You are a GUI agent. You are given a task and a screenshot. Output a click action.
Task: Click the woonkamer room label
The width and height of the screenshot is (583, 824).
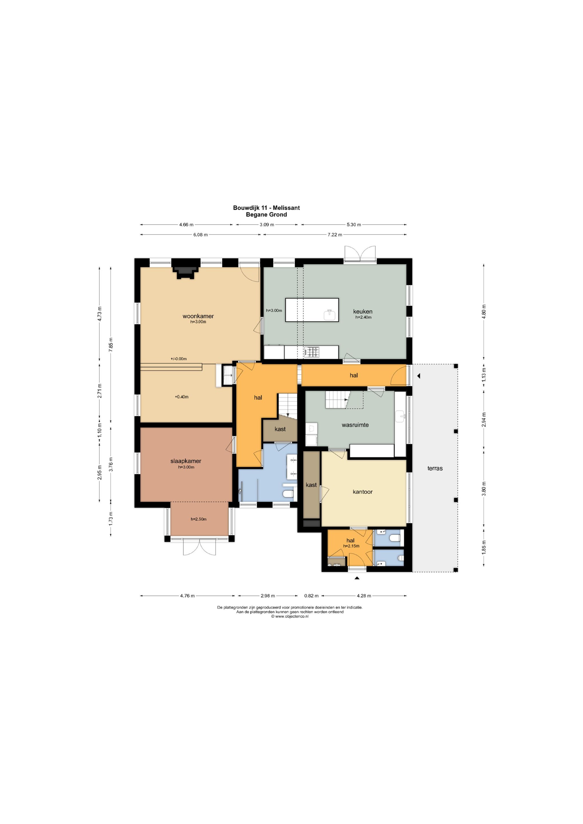point(198,316)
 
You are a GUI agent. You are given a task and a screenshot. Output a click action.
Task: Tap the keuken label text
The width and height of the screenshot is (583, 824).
point(363,312)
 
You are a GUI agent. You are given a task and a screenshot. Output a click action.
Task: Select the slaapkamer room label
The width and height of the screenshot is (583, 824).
point(185,461)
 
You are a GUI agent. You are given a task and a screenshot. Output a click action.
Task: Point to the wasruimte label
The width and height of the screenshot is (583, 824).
point(355,425)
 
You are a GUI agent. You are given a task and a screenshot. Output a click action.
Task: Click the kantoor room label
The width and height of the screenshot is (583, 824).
point(363,492)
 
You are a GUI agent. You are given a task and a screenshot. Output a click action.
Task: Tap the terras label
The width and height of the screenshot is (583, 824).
point(435,468)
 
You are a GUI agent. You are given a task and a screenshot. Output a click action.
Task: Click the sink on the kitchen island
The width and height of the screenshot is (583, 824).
point(329,315)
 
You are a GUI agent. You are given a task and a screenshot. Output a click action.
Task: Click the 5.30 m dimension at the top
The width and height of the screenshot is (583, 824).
point(353,225)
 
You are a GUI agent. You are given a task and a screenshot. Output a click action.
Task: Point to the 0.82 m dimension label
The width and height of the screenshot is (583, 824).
point(311,596)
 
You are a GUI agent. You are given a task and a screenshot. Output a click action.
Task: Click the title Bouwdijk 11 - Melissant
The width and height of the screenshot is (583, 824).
point(266,208)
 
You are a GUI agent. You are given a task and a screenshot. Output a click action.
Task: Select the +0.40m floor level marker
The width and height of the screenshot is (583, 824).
point(182,397)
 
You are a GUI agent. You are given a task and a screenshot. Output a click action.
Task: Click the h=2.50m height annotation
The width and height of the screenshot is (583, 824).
point(199,519)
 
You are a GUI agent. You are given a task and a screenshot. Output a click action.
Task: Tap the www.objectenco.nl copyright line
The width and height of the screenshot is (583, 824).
point(290,617)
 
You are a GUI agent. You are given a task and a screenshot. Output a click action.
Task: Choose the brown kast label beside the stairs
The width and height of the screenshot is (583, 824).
point(280,429)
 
